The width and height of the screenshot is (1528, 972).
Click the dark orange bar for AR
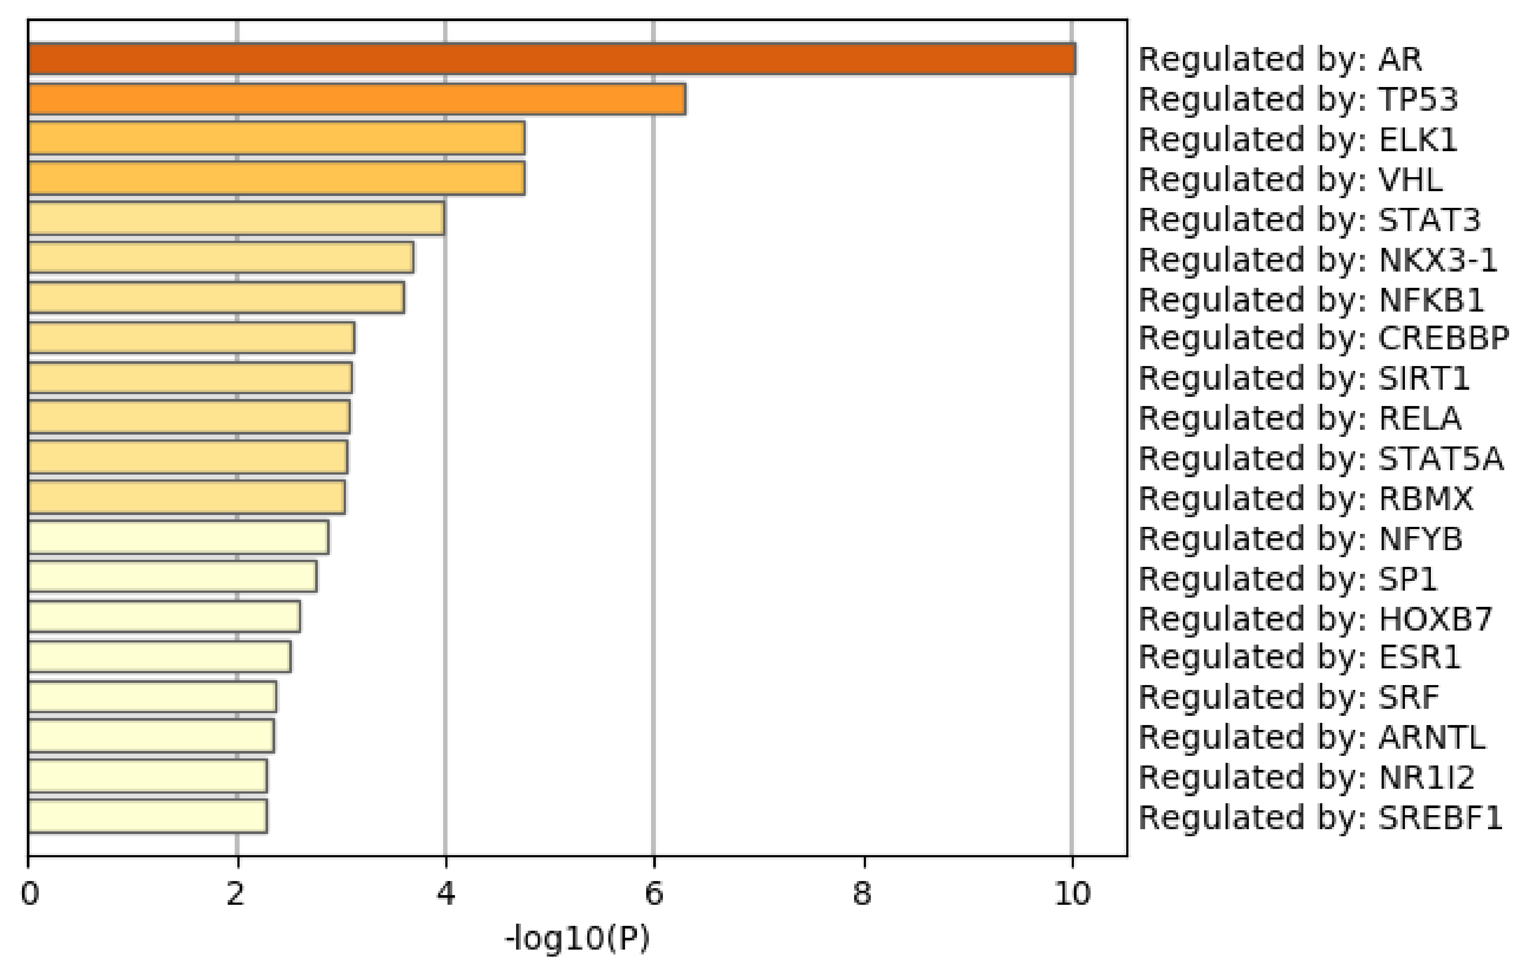pyautogui.click(x=552, y=59)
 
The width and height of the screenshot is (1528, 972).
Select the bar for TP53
pyautogui.click(x=357, y=99)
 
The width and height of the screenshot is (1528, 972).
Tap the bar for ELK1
pyautogui.click(x=276, y=138)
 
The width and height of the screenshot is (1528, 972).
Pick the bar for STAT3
pyautogui.click(x=236, y=219)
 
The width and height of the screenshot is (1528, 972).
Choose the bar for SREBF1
pyautogui.click(x=147, y=816)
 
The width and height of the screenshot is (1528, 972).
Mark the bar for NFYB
pyautogui.click(x=178, y=537)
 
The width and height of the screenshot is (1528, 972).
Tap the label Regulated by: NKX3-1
pyautogui.click(x=1317, y=260)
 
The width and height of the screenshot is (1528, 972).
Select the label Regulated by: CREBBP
pyautogui.click(x=1324, y=338)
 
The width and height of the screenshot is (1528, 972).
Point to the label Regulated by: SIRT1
pyautogui.click(x=1304, y=379)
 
